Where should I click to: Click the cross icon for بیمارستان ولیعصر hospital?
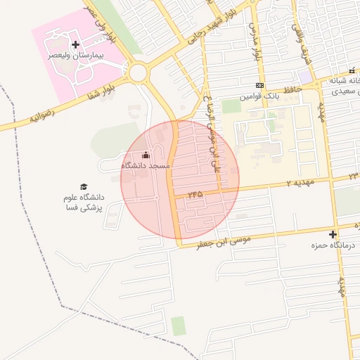(x=76, y=44)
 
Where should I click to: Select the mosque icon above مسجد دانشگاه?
(x=146, y=155)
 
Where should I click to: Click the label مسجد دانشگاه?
(x=146, y=165)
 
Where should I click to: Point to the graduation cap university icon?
(x=84, y=186)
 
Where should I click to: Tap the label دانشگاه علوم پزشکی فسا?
(x=84, y=202)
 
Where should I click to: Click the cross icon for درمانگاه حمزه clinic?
(x=333, y=234)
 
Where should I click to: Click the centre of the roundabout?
(x=139, y=72)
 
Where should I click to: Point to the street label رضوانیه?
(x=42, y=115)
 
